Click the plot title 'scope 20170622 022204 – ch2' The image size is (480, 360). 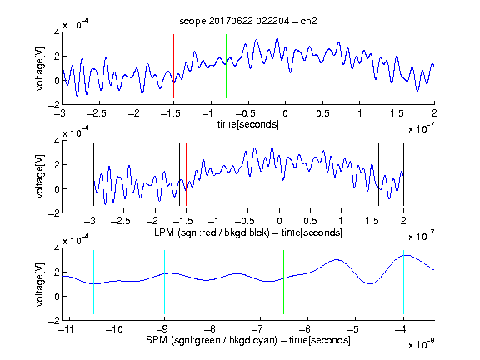(248, 21)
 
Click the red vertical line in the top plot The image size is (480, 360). (173, 66)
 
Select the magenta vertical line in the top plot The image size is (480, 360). (397, 66)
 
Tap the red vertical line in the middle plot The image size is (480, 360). (186, 174)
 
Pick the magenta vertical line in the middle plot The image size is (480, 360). (372, 174)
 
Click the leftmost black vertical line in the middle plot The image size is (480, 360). (93, 174)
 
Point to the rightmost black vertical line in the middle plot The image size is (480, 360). (403, 174)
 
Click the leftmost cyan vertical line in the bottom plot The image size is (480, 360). (93, 282)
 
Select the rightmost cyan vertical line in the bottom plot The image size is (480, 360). (403, 282)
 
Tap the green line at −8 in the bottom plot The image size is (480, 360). (212, 282)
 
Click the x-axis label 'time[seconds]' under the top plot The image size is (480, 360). (248, 124)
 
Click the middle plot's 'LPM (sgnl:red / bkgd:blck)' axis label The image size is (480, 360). (212, 232)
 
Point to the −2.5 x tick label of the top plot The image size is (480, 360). (97, 113)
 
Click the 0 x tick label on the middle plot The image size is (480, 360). (279, 221)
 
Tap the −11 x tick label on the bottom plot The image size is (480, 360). (66, 329)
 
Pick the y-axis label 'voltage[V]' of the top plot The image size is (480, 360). (40, 68)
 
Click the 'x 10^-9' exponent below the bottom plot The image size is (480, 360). (421, 343)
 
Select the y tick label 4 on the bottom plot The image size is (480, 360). (57, 248)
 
